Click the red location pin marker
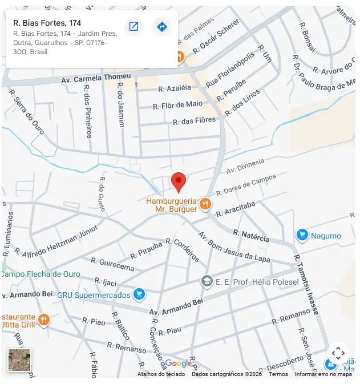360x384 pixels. click(x=179, y=182)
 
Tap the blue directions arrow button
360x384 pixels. click(x=162, y=27)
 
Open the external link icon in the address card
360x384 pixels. click(x=134, y=27)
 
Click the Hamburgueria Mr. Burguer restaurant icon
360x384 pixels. click(x=205, y=204)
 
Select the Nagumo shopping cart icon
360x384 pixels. click(x=302, y=235)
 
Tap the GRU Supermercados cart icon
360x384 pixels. click(x=139, y=294)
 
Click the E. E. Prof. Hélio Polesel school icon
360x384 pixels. click(x=207, y=281)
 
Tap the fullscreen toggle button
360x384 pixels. click(x=338, y=353)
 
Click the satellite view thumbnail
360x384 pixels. click(x=19, y=360)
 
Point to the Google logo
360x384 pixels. click(x=179, y=363)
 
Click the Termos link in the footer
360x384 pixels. click(x=278, y=374)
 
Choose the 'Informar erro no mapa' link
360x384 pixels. click(x=323, y=374)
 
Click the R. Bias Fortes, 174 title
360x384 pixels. click(x=47, y=23)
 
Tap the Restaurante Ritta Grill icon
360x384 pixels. click(x=44, y=319)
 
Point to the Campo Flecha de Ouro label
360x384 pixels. click(x=41, y=274)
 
